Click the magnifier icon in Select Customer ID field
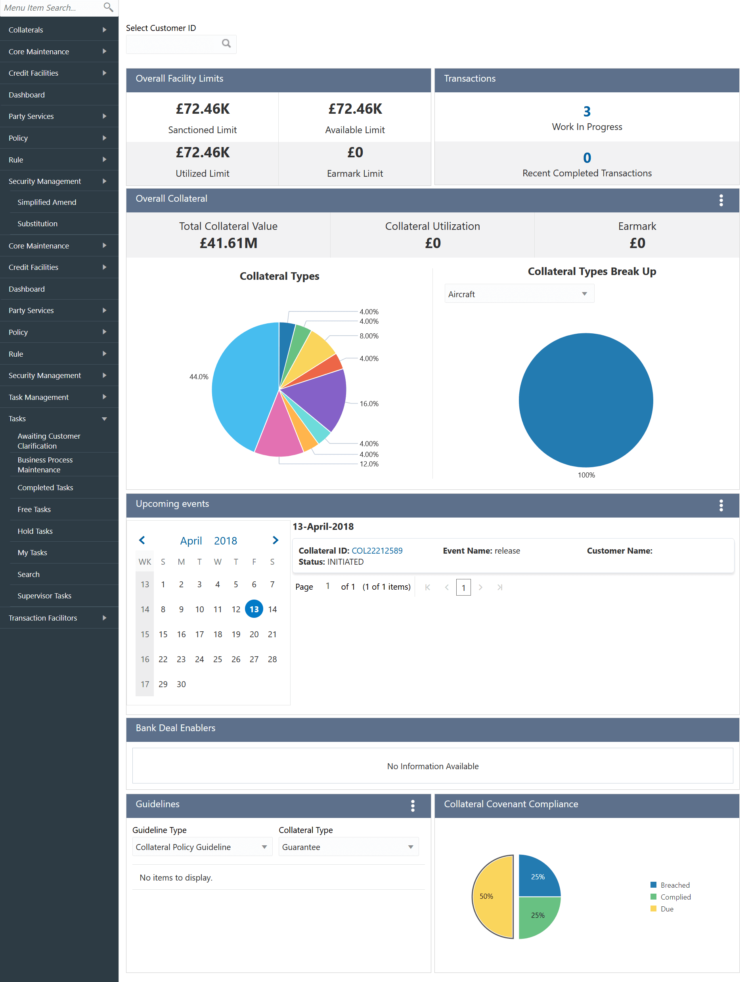[x=226, y=43]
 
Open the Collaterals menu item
[x=26, y=30]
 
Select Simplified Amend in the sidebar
[x=47, y=202]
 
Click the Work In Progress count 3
[x=587, y=111]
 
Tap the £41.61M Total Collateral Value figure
[x=228, y=243]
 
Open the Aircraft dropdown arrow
[x=584, y=294]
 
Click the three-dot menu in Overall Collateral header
[x=721, y=201]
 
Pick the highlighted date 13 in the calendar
[x=254, y=609]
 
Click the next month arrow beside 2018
[x=276, y=541]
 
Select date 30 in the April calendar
[x=181, y=684]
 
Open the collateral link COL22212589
[x=377, y=551]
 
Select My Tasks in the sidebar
[x=32, y=552]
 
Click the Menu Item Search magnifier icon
[x=108, y=7]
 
